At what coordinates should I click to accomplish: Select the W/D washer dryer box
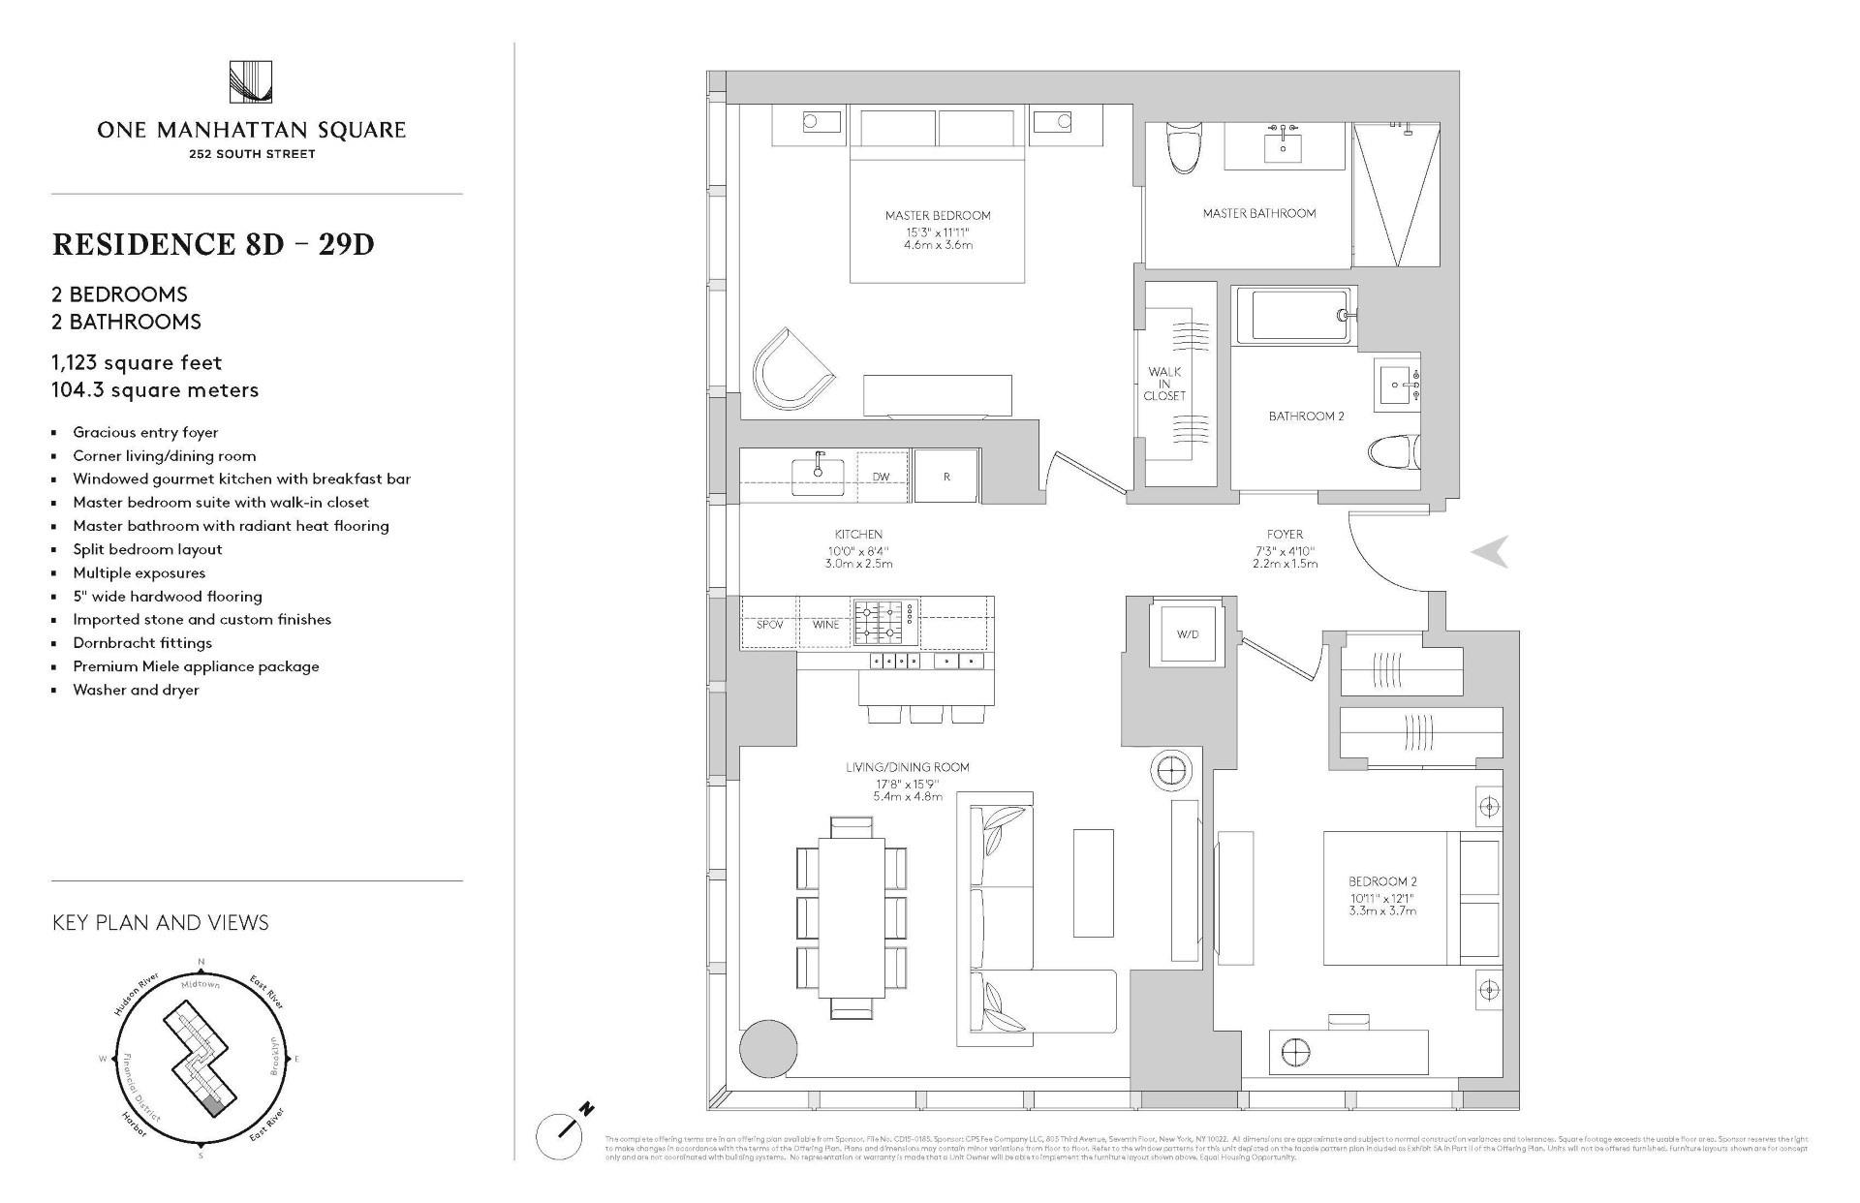click(1187, 634)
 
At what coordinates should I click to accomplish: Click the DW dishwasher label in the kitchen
click(881, 477)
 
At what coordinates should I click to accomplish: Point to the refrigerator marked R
click(946, 477)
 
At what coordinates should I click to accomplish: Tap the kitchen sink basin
click(818, 477)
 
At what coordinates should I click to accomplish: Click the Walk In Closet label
click(1164, 384)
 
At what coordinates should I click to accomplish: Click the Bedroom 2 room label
click(1382, 881)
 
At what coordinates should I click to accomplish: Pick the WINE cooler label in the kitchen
click(825, 625)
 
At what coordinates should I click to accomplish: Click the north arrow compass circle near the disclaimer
click(560, 1135)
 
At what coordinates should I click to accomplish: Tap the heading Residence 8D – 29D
click(213, 244)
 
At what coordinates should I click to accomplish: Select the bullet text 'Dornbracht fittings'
click(142, 642)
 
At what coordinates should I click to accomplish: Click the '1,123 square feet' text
click(138, 363)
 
